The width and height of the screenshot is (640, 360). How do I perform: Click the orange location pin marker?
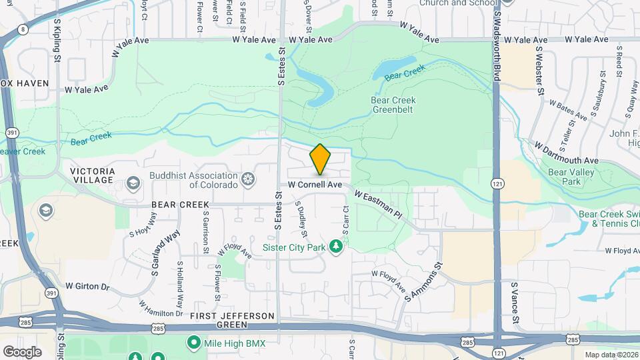click(321, 159)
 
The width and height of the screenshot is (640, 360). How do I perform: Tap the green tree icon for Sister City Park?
click(337, 247)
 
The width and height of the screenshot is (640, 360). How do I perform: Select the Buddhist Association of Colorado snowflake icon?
click(247, 179)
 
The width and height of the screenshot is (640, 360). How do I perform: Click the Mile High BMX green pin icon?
click(194, 343)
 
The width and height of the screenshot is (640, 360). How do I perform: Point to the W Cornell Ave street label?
click(315, 184)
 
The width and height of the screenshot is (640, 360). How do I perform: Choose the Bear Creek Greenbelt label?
click(393, 105)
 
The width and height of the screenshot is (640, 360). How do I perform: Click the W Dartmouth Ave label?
click(567, 153)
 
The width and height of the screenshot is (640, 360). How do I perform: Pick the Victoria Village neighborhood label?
click(93, 175)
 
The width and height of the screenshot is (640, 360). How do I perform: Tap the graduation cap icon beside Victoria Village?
click(133, 182)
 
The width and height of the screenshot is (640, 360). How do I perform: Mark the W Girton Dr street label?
click(87, 286)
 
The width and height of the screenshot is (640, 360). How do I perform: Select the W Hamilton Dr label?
click(161, 308)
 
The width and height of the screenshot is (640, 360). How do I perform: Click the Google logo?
click(22, 351)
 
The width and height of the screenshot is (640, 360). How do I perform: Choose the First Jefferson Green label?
click(233, 319)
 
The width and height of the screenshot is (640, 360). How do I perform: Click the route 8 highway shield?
click(23, 29)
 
